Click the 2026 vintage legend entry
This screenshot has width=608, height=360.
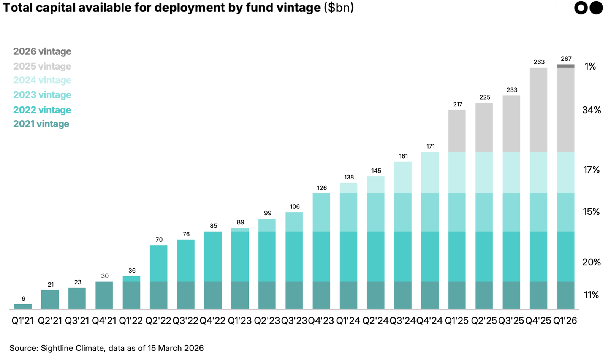coord(42,51)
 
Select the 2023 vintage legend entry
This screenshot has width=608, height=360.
coord(42,95)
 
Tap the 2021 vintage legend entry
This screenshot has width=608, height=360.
coord(41,124)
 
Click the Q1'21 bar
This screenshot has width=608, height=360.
coord(23,306)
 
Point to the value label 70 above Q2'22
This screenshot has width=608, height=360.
coord(159,240)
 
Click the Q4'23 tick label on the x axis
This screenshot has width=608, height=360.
coord(321,321)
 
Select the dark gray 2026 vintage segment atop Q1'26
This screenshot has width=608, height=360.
coord(565,66)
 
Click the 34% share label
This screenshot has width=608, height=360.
coord(591,110)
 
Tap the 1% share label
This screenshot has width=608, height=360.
coord(590,67)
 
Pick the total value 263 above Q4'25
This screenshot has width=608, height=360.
coord(539,62)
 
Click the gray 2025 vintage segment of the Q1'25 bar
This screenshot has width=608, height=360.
coord(457,131)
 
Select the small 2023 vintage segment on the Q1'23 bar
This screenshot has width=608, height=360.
coord(240,230)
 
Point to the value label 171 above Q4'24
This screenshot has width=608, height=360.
coord(430,146)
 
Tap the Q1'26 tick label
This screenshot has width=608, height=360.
coord(565,321)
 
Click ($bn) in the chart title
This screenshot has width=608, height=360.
coord(339,8)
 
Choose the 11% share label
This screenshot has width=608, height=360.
coord(591,295)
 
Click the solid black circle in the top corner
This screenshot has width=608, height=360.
coord(596,8)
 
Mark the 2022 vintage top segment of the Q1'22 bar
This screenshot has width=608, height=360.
coord(131,279)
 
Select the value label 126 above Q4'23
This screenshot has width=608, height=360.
coord(321,188)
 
